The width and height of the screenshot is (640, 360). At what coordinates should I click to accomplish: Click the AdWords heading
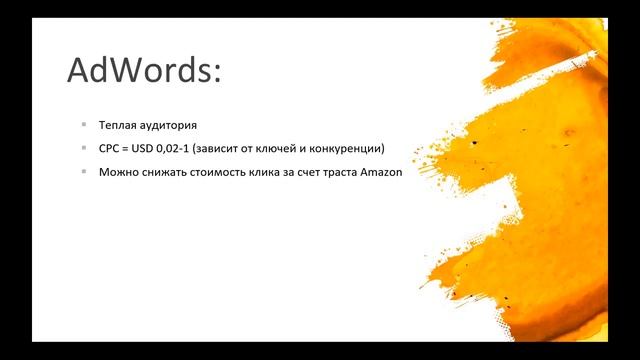click(143, 71)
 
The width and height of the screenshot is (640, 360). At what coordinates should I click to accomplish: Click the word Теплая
click(118, 126)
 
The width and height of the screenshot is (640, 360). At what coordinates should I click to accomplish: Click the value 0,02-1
click(180, 149)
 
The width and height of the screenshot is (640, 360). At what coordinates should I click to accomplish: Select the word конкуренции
click(350, 149)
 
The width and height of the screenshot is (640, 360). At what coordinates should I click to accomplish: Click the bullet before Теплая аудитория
click(84, 126)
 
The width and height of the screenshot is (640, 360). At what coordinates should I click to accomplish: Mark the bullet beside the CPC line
click(84, 149)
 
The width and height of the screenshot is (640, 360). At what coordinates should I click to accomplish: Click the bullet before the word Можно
click(84, 172)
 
